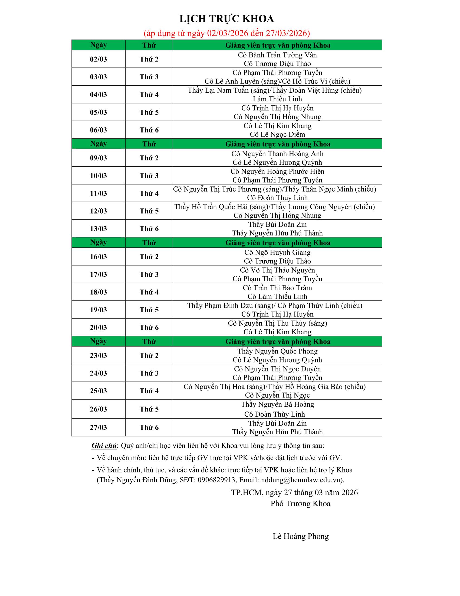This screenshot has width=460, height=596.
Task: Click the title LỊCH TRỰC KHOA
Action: tap(226, 19)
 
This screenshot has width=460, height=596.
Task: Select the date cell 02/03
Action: tap(98, 59)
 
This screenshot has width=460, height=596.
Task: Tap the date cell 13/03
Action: tap(98, 229)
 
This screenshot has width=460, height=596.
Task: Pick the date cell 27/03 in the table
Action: tap(98, 427)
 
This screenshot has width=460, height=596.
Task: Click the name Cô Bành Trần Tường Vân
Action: tap(277, 55)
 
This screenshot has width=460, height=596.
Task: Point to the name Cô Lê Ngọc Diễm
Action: tap(277, 134)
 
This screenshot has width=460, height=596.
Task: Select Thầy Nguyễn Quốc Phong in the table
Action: tap(277, 351)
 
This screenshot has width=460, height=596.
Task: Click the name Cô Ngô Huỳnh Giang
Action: tap(277, 252)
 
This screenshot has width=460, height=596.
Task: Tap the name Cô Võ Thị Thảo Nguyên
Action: tap(277, 270)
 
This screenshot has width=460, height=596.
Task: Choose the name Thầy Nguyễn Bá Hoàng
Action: tap(277, 404)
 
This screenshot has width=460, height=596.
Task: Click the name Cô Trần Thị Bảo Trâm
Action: tap(277, 288)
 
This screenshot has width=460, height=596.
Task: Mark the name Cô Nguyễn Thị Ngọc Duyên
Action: tap(277, 369)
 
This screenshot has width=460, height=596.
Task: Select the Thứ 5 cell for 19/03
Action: tap(149, 310)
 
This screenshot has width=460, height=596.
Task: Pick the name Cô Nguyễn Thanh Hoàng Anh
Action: tap(277, 154)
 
